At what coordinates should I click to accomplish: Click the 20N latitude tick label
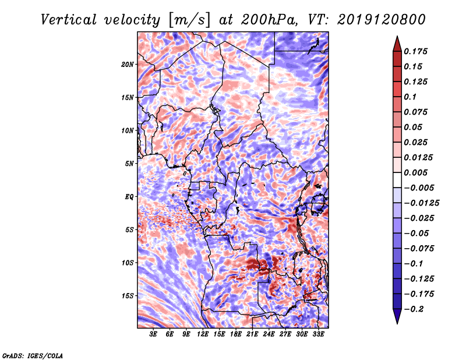click(x=128, y=64)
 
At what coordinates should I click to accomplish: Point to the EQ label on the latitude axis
click(x=129, y=196)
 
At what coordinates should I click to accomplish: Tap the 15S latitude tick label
click(x=128, y=295)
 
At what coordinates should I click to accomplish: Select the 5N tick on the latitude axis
click(x=129, y=163)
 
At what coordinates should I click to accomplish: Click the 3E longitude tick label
click(x=154, y=334)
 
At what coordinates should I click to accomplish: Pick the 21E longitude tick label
click(x=253, y=334)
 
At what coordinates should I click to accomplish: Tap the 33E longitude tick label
click(x=319, y=334)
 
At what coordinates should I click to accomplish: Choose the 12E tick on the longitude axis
click(x=203, y=334)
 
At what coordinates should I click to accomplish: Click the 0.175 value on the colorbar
click(x=417, y=51)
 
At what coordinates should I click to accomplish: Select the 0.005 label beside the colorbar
click(x=417, y=172)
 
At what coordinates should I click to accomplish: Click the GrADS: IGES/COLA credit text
click(x=32, y=355)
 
